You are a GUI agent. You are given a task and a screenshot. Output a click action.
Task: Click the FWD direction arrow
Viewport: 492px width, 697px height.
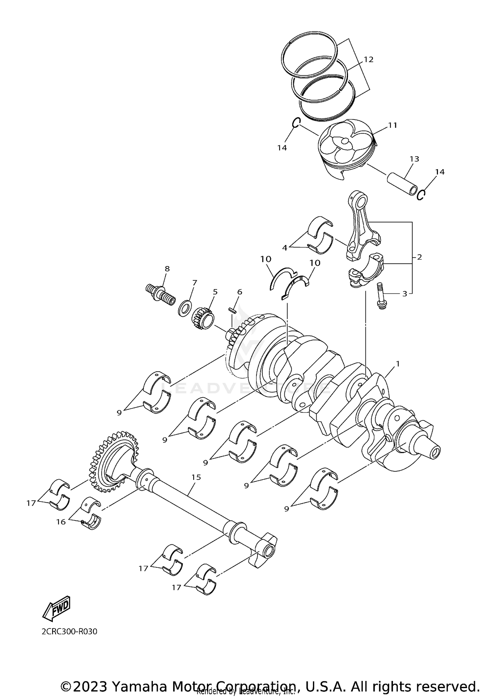(56, 608)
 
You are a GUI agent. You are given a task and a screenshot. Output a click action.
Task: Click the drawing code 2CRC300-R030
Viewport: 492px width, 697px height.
(69, 631)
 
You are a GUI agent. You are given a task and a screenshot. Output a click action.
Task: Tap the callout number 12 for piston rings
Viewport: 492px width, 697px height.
(368, 60)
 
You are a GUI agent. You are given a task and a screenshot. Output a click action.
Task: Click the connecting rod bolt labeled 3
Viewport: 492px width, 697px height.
(380, 297)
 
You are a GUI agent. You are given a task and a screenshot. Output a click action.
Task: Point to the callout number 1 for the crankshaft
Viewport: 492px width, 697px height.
(398, 364)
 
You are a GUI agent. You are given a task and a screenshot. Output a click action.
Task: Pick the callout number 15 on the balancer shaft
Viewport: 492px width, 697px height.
(196, 477)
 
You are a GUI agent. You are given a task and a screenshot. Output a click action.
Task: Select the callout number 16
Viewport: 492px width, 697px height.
(61, 522)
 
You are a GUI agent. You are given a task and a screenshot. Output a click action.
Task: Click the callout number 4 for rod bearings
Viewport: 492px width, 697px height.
(284, 248)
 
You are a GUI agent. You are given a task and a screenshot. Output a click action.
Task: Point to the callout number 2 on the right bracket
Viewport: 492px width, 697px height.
(419, 257)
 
